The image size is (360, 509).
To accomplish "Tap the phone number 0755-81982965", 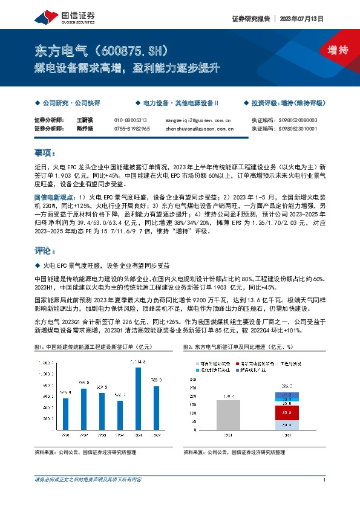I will pyautogui.click(x=132, y=128).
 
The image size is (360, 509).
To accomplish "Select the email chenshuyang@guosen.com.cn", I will pyautogui.click(x=199, y=128).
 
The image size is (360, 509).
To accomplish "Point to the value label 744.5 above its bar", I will pyautogui.click(x=83, y=383).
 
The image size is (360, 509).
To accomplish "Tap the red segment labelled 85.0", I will pyautogui.click(x=286, y=413).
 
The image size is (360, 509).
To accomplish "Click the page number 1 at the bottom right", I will pyautogui.click(x=325, y=479).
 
